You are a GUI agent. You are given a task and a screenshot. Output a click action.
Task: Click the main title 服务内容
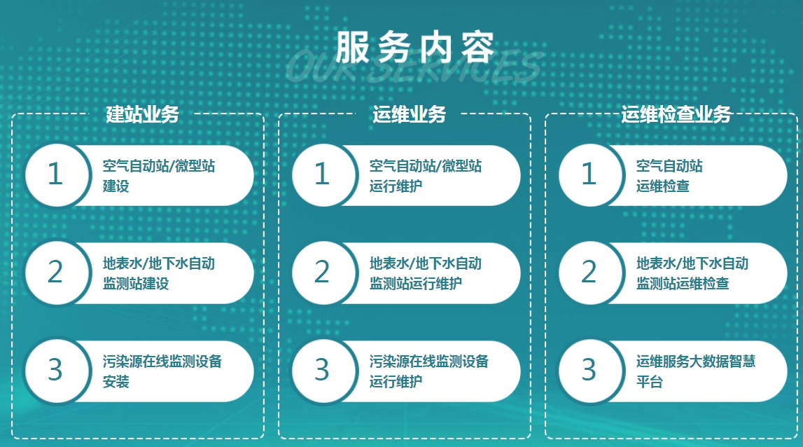coord(414,48)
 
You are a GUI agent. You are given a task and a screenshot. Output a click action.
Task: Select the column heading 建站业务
coord(142,114)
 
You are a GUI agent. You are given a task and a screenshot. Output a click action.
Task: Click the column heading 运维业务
coord(409,114)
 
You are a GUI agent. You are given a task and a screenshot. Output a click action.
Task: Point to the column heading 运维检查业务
coord(676,114)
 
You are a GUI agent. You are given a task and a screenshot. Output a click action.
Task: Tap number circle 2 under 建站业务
coord(55,273)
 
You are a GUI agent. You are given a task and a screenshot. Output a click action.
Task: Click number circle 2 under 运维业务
coord(321,273)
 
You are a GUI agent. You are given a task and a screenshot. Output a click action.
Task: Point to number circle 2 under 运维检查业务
coord(589,273)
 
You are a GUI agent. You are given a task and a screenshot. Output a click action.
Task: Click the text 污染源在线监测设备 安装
coord(162,371)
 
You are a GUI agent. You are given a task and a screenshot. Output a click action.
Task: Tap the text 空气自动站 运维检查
coord(669,176)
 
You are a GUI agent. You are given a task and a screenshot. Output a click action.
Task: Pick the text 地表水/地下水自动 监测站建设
coord(158,273)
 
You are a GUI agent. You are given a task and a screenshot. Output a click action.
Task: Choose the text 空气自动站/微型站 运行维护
coord(426,176)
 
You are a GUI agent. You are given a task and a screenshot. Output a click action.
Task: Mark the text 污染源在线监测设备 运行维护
coord(428,371)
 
